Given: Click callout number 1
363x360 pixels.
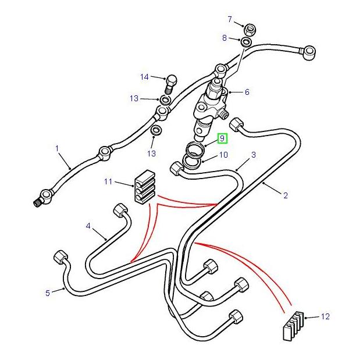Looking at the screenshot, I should [x=58, y=149].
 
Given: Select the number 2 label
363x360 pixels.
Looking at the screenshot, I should [x=286, y=195].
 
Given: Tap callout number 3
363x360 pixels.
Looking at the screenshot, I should [x=254, y=155].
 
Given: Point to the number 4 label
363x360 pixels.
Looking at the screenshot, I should [x=88, y=226].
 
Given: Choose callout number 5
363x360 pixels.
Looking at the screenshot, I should [x=48, y=293].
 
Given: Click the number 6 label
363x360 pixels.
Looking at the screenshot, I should [x=247, y=92].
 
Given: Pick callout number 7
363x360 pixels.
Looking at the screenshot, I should [x=230, y=20].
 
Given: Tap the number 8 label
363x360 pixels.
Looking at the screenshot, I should [x=224, y=38].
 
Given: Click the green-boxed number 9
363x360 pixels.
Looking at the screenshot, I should [x=222, y=138].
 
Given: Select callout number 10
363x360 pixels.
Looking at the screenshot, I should [x=223, y=155].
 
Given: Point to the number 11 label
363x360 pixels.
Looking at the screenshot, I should [x=108, y=182].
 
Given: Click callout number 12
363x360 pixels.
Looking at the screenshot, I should [x=325, y=316].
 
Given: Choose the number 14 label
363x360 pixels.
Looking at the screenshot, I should [x=144, y=77].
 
